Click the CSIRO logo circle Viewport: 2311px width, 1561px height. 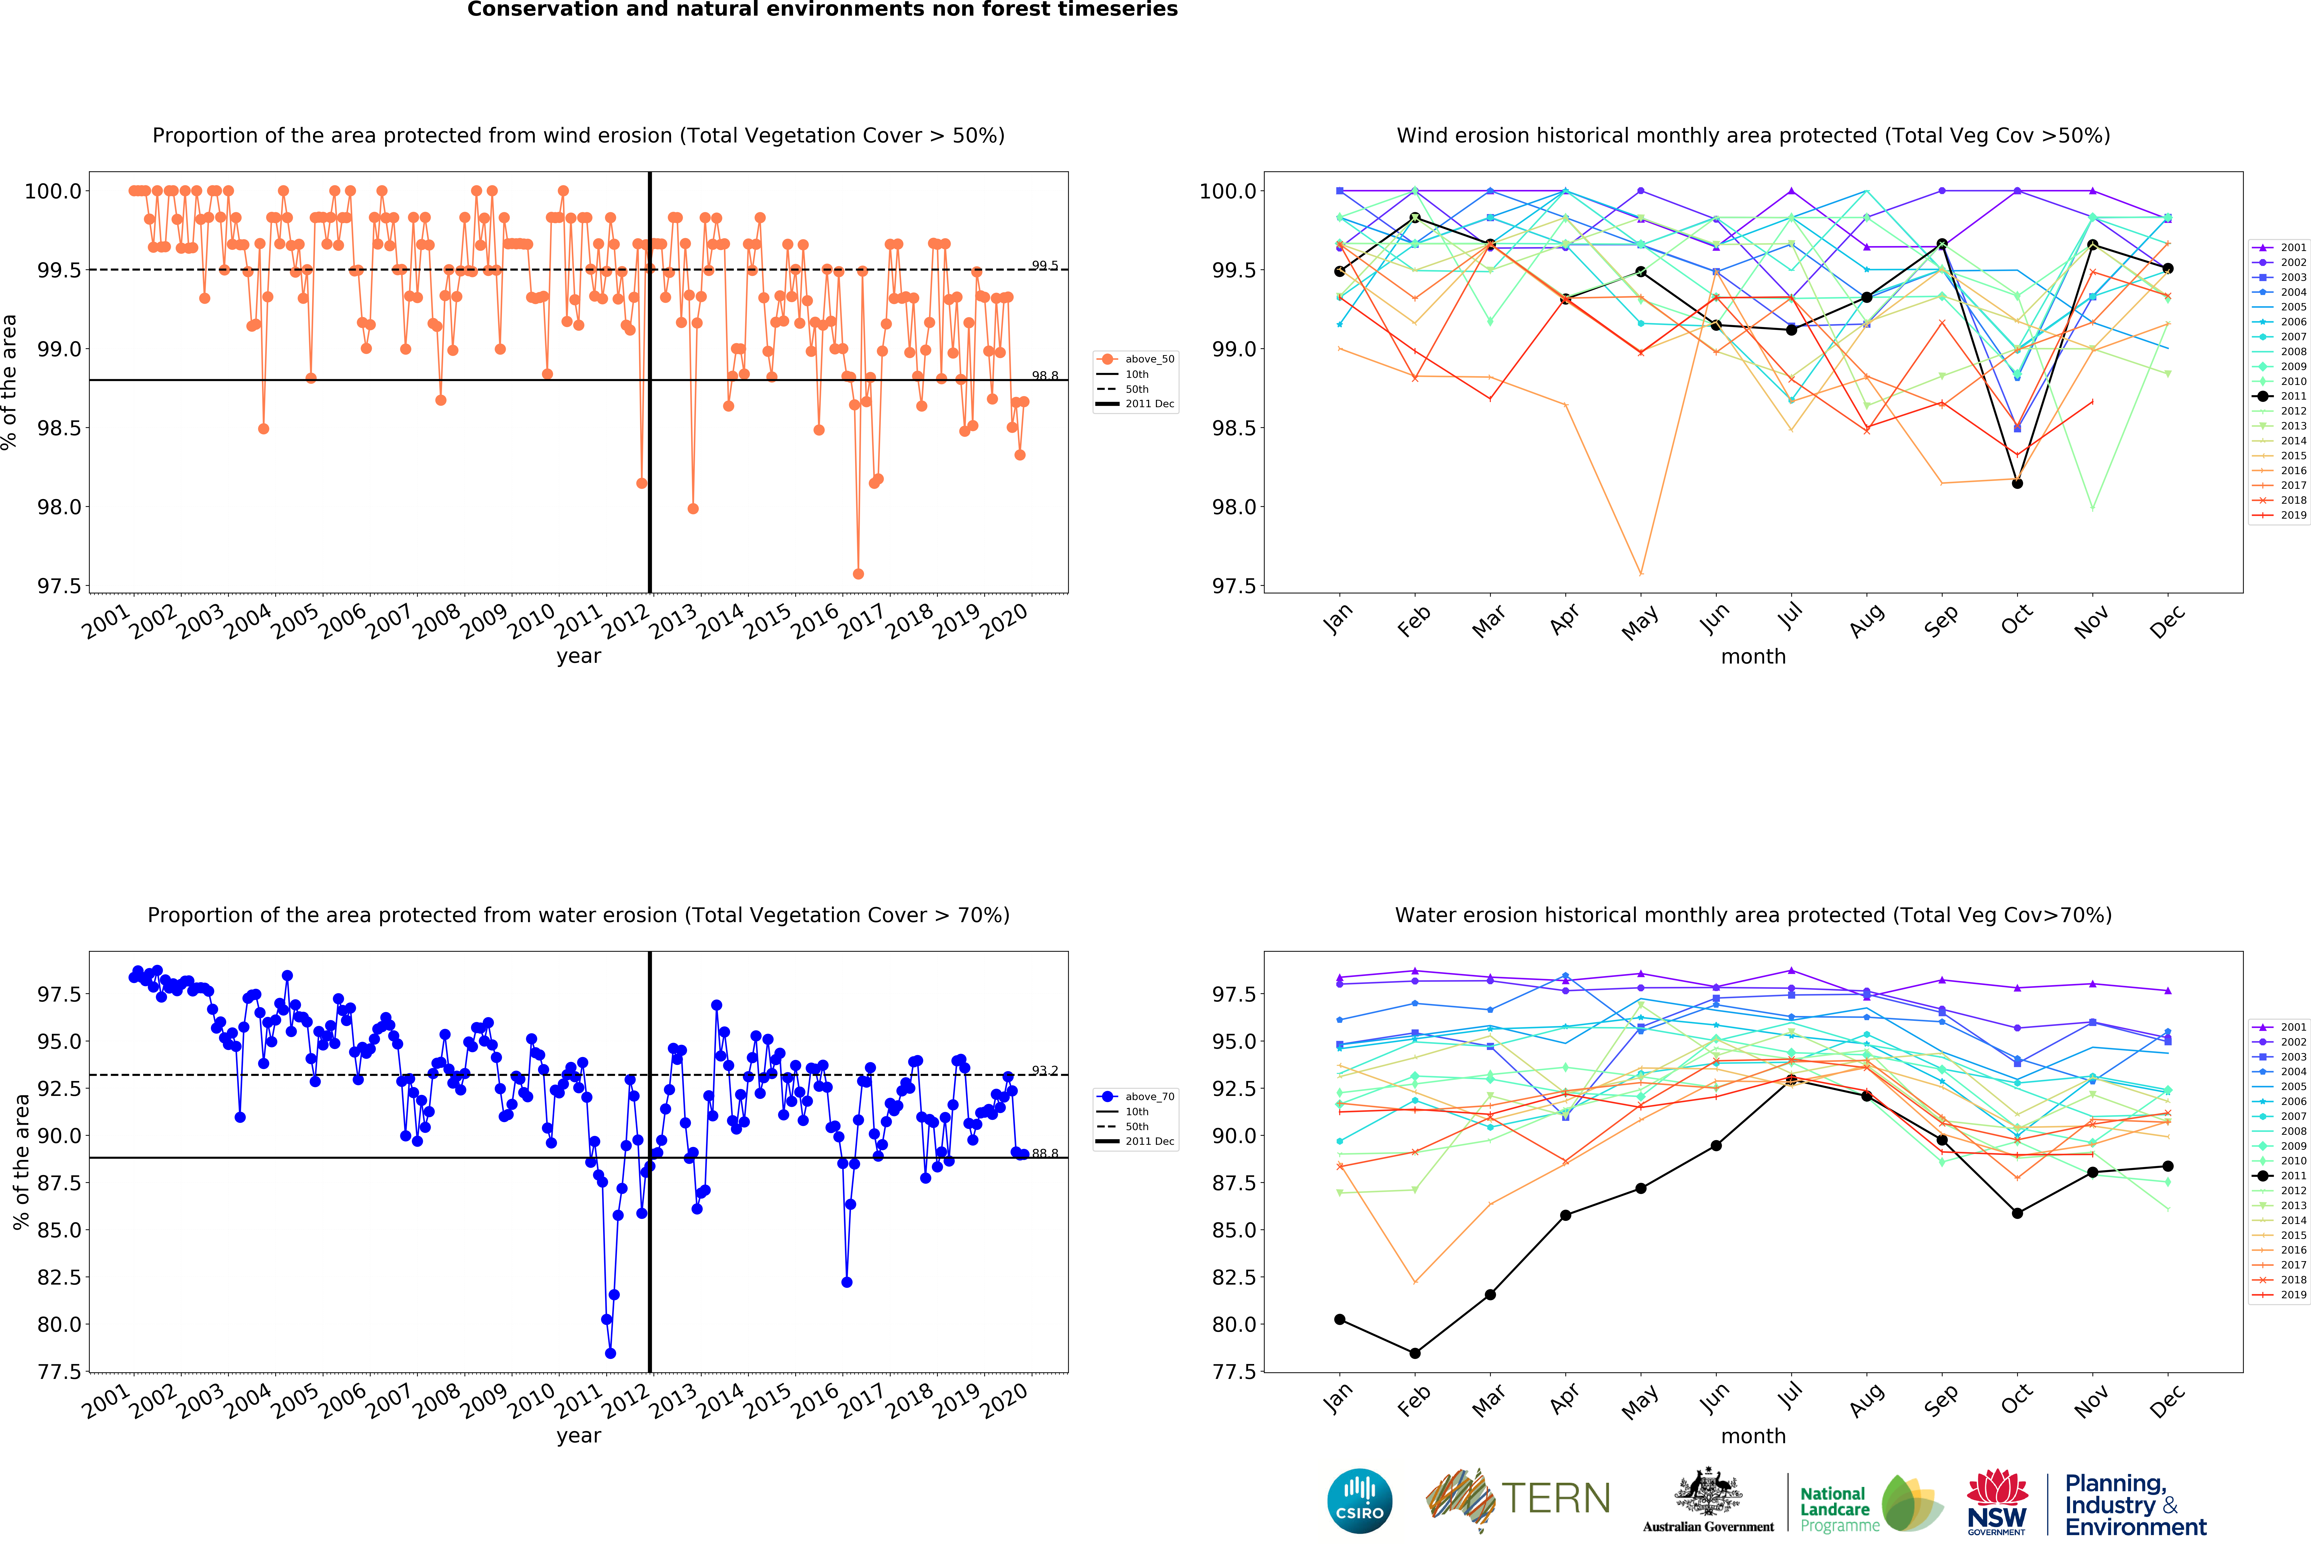click(1359, 1500)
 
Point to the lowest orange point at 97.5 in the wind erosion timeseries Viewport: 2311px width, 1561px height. click(858, 574)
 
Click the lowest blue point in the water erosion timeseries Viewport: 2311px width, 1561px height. click(610, 1353)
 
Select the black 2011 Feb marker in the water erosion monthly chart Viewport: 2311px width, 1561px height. click(1415, 1353)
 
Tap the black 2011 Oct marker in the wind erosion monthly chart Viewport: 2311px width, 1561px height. click(2018, 483)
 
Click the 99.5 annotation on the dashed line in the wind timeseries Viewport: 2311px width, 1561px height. click(1044, 265)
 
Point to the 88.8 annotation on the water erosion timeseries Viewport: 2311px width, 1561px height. click(1044, 1153)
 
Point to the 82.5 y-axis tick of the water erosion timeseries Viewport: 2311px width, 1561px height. click(60, 1277)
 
